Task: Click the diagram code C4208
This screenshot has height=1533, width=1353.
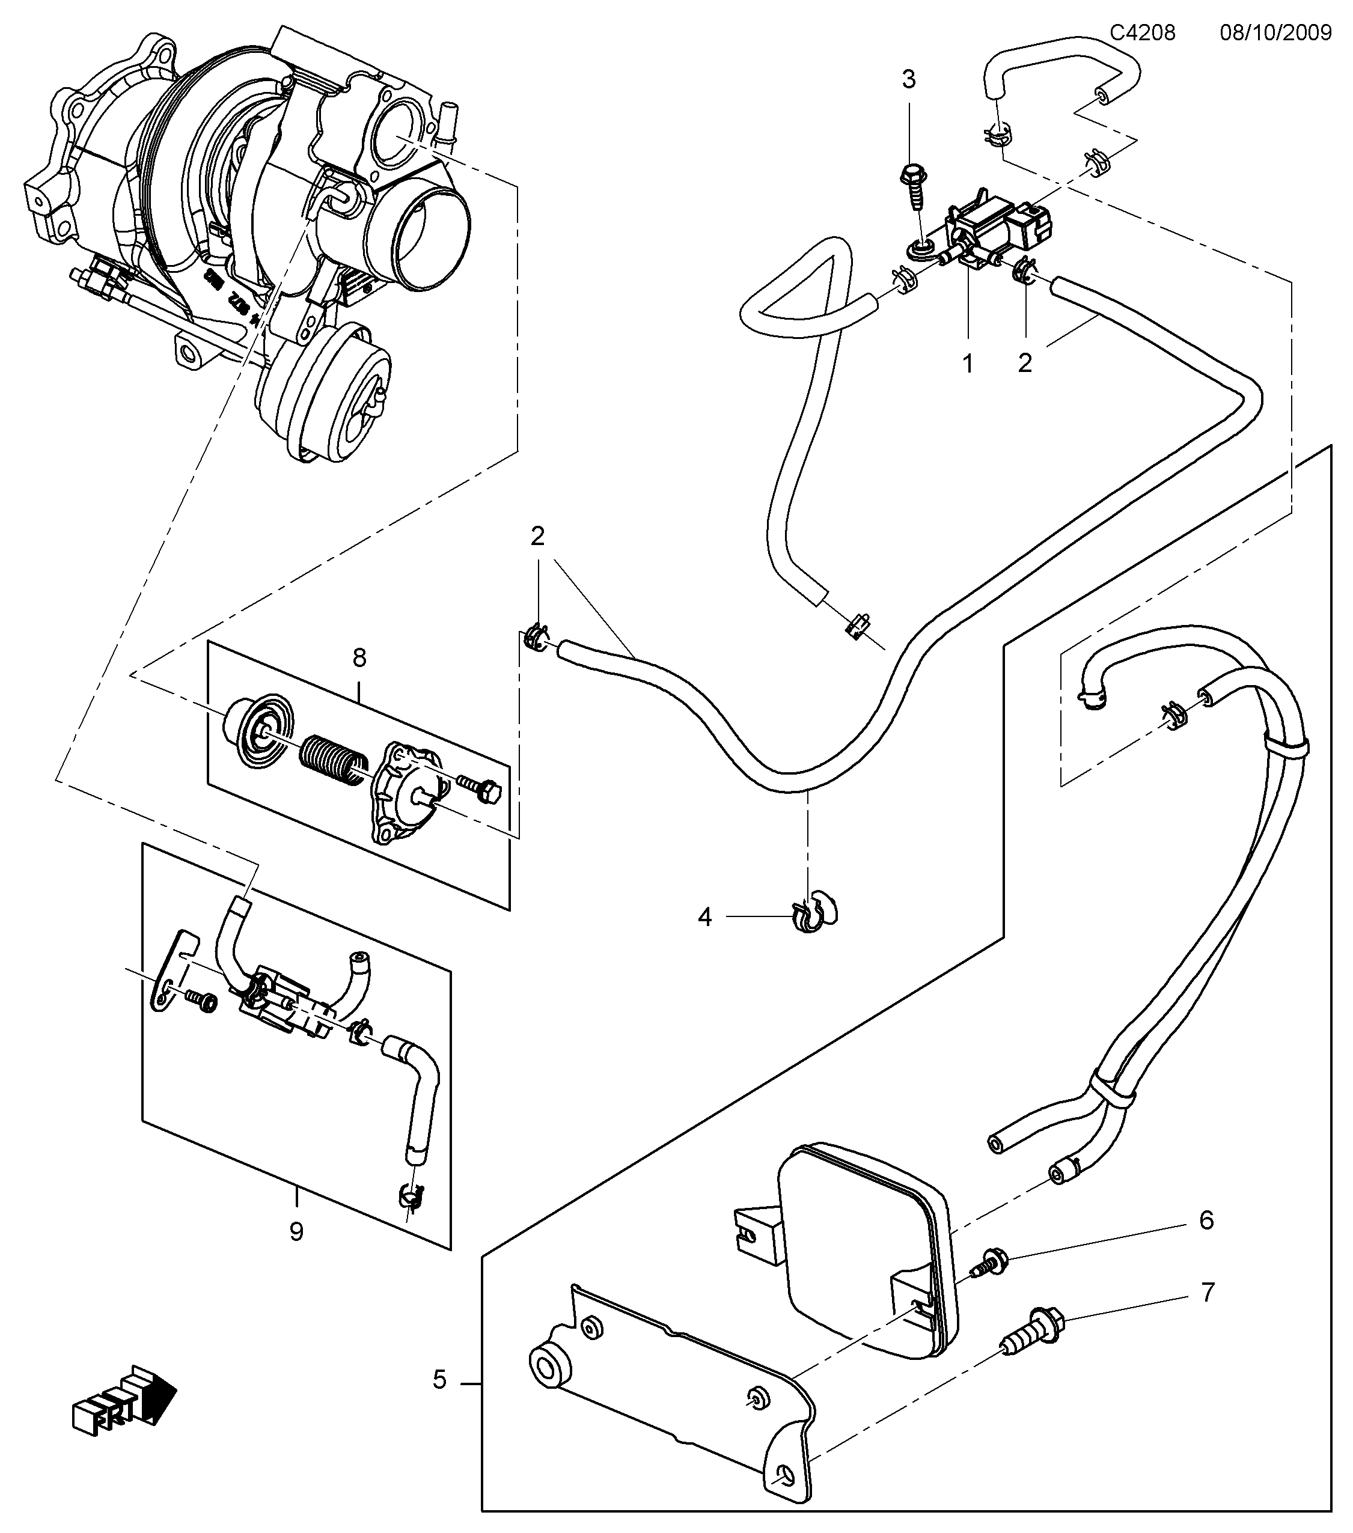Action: tap(1142, 33)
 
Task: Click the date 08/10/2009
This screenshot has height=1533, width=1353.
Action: tap(1275, 33)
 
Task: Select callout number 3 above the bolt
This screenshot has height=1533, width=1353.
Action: tap(908, 79)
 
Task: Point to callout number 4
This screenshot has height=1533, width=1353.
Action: tap(704, 916)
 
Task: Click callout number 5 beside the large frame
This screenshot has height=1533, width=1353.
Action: tap(439, 1379)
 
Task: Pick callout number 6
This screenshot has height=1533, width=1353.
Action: tap(1206, 1221)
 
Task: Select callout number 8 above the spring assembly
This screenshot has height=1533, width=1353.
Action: tap(359, 658)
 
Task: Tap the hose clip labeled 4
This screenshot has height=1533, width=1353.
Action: tap(812, 915)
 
